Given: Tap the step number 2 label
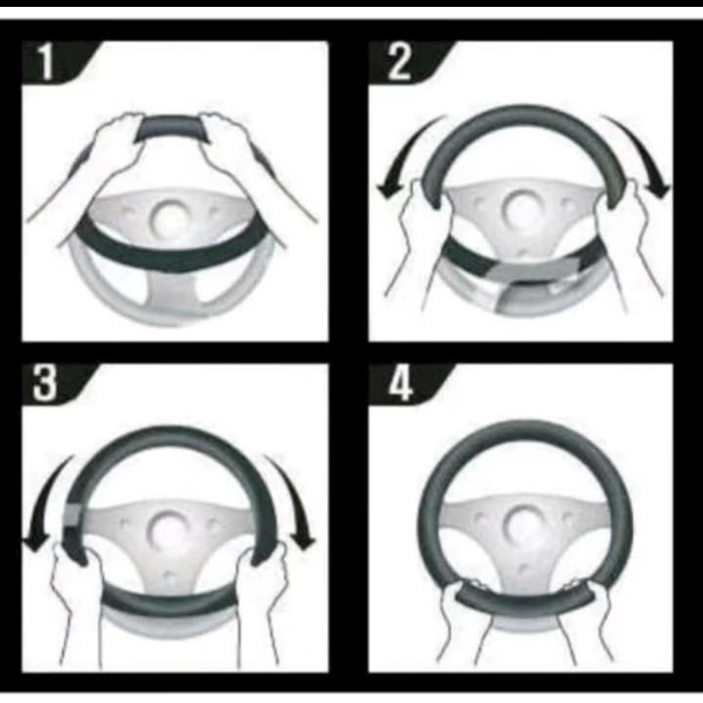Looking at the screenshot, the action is tap(398, 62).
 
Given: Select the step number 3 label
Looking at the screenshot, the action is tap(44, 383).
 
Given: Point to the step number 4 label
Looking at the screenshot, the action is tap(399, 384).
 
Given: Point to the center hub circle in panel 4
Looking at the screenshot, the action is tap(521, 523).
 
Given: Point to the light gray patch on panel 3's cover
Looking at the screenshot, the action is tap(72, 515).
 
